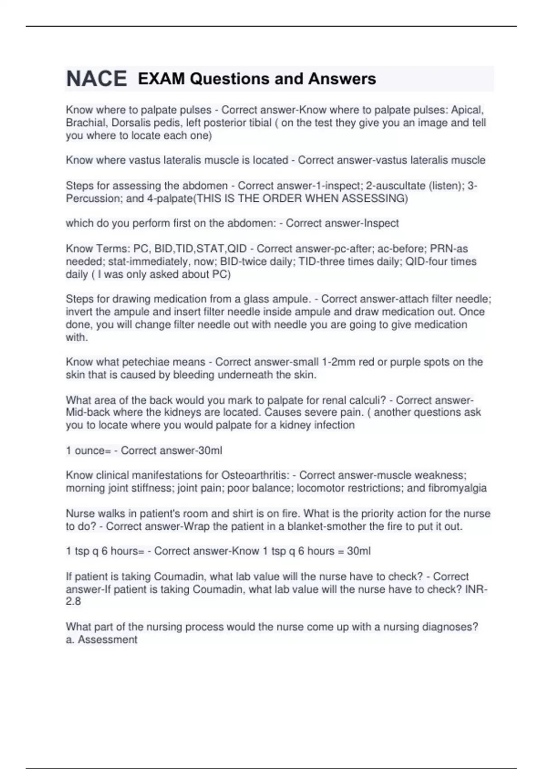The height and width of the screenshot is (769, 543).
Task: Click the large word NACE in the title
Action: (96, 79)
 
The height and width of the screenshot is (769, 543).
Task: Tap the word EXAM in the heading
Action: (161, 79)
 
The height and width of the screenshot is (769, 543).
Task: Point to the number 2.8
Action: (73, 602)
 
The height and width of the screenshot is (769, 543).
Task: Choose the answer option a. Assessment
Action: (101, 640)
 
